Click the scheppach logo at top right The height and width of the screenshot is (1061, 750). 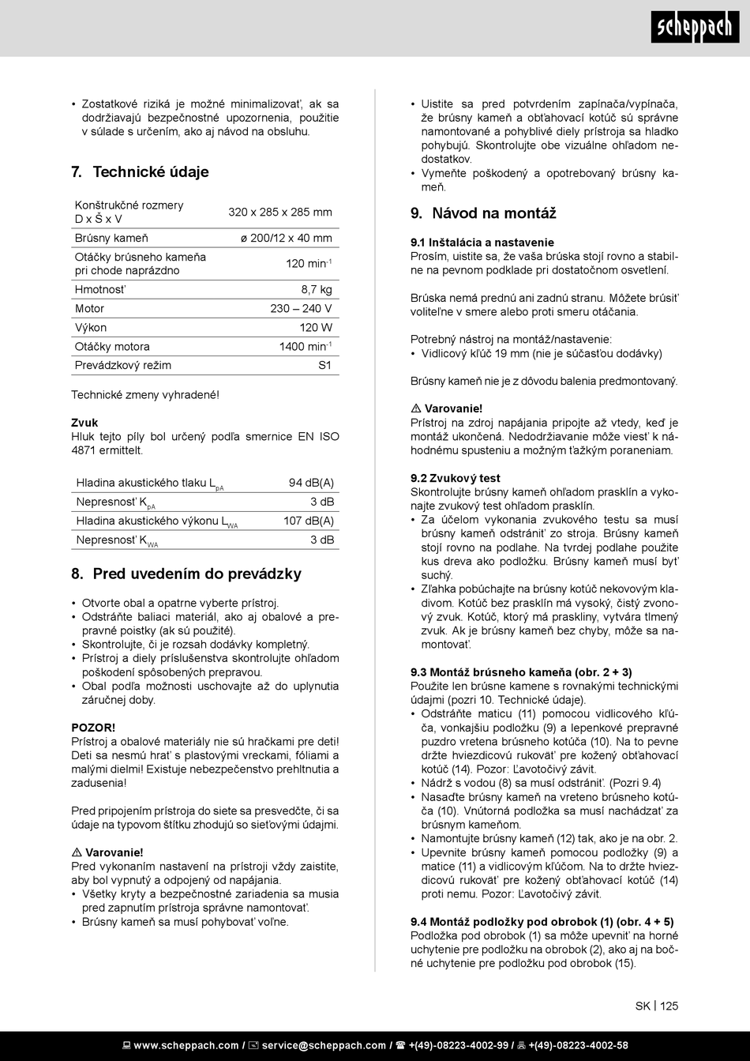point(695,28)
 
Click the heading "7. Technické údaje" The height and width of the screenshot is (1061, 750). point(140,172)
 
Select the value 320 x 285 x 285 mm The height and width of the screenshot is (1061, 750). point(280,213)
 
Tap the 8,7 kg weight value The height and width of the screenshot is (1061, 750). point(317,290)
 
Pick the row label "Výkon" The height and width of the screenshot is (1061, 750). point(91,328)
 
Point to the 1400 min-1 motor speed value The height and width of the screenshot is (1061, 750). point(306,347)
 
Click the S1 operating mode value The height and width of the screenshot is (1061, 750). point(324,366)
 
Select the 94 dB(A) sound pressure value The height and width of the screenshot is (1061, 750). point(311,483)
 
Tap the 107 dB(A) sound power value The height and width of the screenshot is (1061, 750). point(309,521)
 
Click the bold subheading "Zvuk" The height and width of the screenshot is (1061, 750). point(84,423)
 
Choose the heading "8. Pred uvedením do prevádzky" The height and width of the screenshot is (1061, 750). point(186,574)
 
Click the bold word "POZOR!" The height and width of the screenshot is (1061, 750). point(93,727)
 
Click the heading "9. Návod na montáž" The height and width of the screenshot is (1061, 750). point(483,213)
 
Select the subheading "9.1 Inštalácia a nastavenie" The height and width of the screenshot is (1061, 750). point(482,243)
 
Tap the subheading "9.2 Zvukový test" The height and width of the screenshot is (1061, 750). point(456,478)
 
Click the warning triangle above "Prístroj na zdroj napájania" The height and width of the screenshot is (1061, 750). point(415,409)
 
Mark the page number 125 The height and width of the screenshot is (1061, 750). point(669,1006)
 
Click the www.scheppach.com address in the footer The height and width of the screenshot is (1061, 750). point(186,1045)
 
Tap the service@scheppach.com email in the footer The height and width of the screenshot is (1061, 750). point(324,1045)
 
